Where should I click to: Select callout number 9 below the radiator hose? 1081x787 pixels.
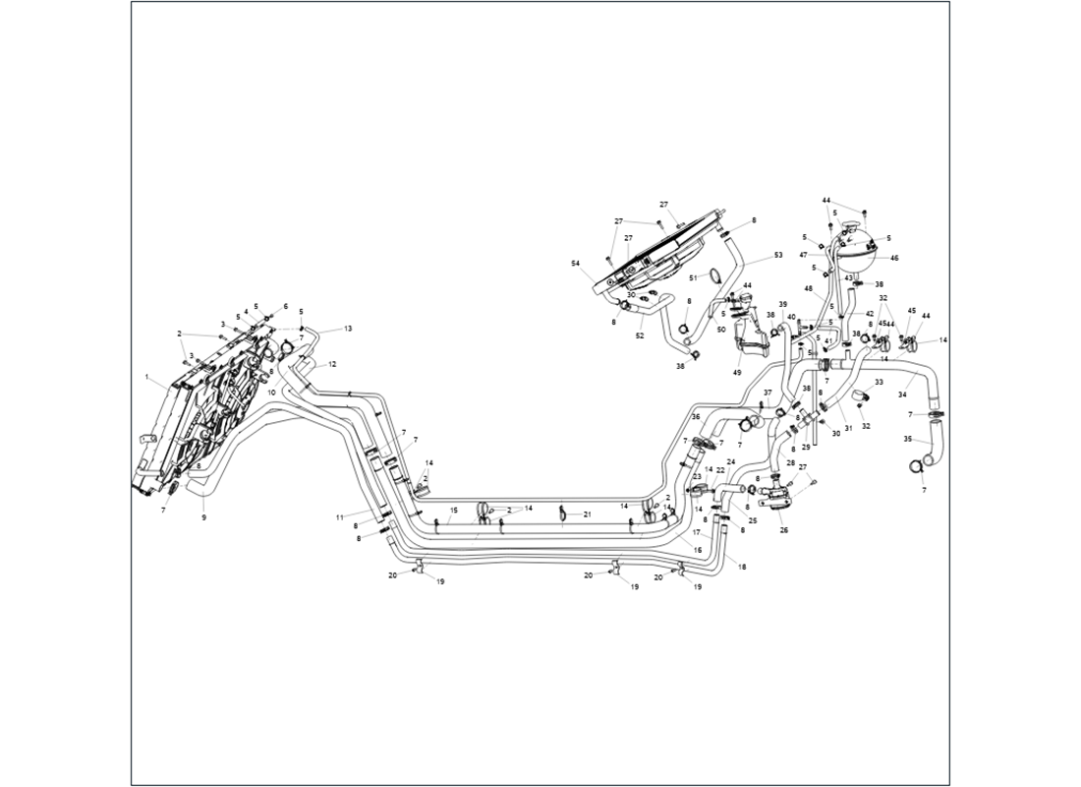[x=203, y=516]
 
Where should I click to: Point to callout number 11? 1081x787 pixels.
[x=339, y=516]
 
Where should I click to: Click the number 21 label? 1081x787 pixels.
[x=588, y=515]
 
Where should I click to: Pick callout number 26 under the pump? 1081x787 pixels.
[x=783, y=530]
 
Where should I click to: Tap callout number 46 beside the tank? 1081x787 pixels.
[x=894, y=258]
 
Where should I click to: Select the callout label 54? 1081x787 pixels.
[x=575, y=264]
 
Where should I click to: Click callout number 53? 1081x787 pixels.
[x=778, y=255]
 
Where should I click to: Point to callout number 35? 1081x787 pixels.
[x=908, y=439]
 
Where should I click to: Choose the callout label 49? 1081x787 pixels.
[x=736, y=373]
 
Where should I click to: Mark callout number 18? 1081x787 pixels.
[x=742, y=568]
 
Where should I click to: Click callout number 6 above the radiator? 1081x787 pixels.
[x=286, y=306]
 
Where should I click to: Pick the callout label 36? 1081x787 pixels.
[x=695, y=417]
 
